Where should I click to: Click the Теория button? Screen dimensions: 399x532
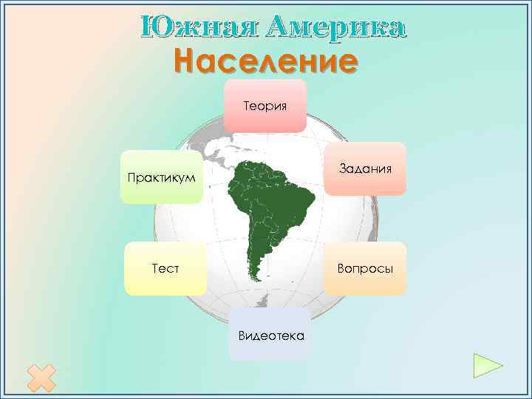pos(265,106)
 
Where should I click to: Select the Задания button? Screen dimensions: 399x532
pos(365,168)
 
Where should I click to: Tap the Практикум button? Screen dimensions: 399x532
pos(162,178)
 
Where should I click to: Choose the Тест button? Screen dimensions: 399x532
pos(166,268)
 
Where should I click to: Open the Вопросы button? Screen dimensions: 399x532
pos(365,268)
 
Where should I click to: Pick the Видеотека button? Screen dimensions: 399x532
pos(270,335)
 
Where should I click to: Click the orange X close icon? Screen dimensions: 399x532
pos(41,378)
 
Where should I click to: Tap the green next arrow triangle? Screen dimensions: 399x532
pos(487,365)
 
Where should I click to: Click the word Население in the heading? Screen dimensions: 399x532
pos(266,61)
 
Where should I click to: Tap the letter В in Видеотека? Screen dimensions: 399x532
pos(242,335)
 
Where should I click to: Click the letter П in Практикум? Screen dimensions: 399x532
pos(131,178)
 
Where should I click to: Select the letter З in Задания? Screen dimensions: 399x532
pos(342,168)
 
